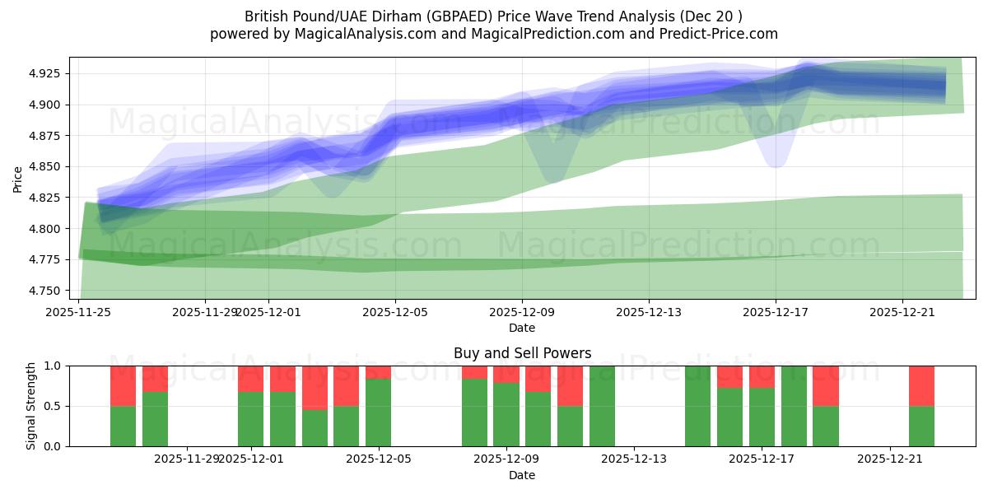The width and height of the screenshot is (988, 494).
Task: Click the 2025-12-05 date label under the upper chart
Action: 395,312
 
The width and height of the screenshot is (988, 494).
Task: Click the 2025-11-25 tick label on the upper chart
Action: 78,312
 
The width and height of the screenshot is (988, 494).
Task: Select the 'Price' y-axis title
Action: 18,178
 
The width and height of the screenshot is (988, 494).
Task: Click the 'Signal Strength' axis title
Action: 30,406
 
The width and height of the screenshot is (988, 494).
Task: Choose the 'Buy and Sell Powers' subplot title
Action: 522,353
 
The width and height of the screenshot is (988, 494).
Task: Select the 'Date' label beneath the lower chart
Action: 522,475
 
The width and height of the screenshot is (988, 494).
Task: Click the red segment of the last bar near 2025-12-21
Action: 921,385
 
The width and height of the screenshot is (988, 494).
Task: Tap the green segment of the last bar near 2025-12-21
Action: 921,426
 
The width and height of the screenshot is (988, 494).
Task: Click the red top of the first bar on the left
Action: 123,385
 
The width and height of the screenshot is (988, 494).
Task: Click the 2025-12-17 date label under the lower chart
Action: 762,459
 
